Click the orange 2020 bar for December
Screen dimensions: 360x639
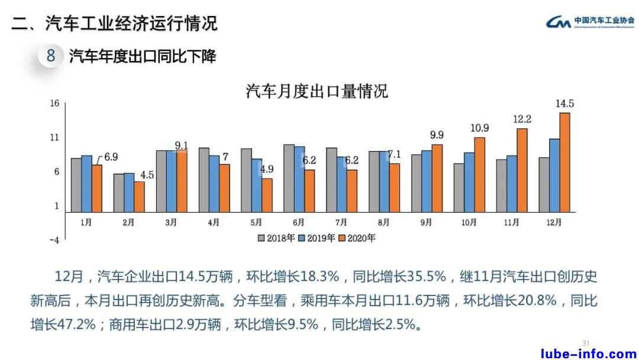(564, 162)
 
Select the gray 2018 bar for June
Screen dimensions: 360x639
(289, 178)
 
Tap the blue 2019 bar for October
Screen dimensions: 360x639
(469, 182)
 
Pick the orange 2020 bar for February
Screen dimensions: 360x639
(140, 197)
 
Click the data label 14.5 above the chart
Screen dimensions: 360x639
(565, 104)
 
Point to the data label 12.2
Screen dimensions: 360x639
(522, 120)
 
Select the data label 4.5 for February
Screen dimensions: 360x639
(147, 175)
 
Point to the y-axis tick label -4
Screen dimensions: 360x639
(54, 240)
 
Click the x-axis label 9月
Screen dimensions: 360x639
(426, 223)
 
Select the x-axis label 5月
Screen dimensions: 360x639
(256, 223)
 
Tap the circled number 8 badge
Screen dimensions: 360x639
(51, 56)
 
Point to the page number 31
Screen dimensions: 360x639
(586, 343)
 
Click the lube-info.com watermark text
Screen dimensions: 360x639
(589, 353)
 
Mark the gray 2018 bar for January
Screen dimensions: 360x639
(76, 185)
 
